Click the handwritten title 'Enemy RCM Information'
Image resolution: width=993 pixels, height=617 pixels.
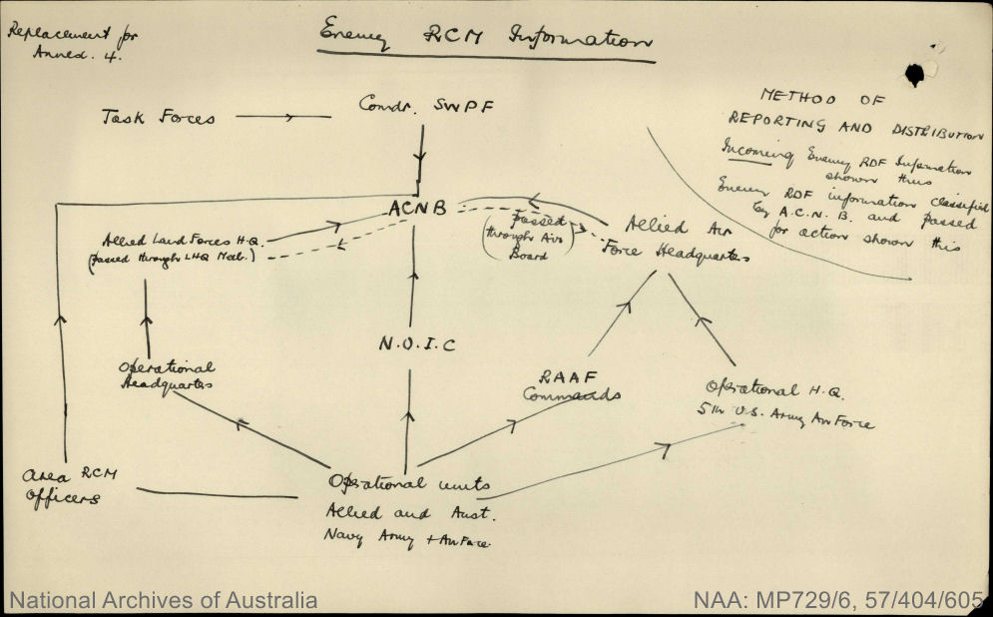pos(484,40)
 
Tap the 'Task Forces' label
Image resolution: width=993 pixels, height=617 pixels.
pos(158,117)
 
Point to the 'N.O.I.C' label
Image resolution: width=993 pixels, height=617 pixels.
pos(417,344)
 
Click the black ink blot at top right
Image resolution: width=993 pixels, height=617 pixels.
pos(914,73)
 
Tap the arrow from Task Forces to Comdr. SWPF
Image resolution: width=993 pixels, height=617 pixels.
pos(283,117)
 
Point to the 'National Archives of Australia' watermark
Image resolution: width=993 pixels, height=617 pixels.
pos(164,601)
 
